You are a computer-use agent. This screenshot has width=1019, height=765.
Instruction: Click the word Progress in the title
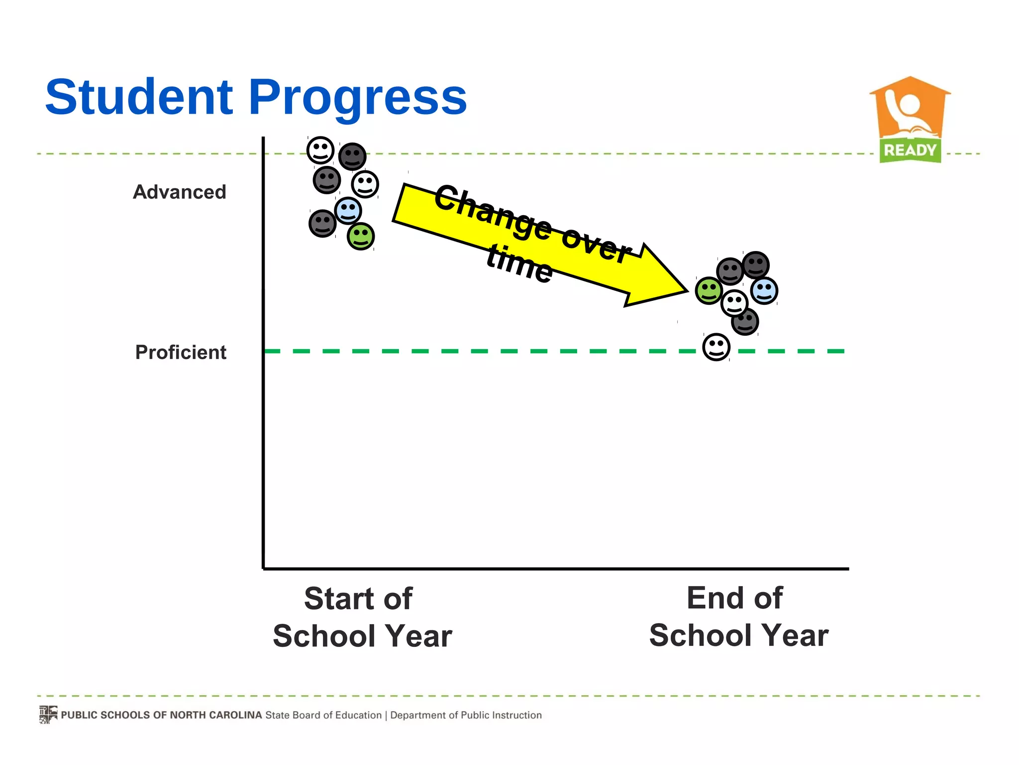[357, 99]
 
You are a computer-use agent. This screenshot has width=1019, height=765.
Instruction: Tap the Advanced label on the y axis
[180, 192]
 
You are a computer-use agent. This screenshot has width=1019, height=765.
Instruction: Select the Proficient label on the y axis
[181, 353]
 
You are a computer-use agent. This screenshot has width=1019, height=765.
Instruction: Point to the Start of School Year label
[362, 618]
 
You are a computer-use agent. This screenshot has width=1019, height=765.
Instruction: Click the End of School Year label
[738, 617]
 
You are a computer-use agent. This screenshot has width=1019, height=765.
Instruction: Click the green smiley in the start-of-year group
[360, 236]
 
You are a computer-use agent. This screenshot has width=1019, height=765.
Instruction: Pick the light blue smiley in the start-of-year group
[348, 210]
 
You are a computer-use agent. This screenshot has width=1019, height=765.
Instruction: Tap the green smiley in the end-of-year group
[709, 290]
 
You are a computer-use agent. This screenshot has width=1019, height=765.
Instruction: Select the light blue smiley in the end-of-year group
[764, 291]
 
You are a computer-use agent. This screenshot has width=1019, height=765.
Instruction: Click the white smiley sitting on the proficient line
[716, 347]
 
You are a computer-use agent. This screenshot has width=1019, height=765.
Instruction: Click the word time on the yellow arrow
[519, 264]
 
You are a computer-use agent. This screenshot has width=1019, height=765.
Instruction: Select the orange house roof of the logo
[910, 87]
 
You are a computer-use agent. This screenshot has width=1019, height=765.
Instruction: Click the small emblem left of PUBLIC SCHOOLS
[48, 715]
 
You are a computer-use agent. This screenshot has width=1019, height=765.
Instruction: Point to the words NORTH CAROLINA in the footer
[215, 715]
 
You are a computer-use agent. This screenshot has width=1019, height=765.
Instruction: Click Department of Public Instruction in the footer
[466, 715]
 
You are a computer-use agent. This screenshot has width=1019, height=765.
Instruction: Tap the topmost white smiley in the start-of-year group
[320, 150]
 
